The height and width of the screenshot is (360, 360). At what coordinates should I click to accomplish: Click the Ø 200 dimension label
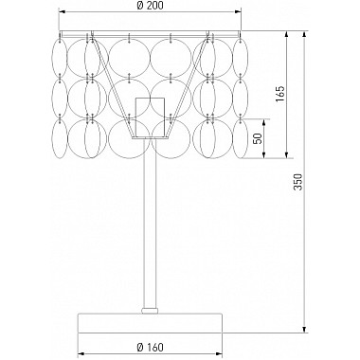[151, 6]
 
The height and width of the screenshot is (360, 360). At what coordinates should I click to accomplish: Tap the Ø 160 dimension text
[151, 348]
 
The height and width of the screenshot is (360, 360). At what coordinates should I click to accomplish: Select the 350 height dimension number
[297, 182]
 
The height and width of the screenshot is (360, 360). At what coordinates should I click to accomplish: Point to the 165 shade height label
[279, 94]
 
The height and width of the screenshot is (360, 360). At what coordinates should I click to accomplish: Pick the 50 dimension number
[258, 138]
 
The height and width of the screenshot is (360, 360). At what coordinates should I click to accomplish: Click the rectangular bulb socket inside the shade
[150, 117]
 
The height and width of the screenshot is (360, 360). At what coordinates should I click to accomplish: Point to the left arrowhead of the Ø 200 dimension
[63, 12]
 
